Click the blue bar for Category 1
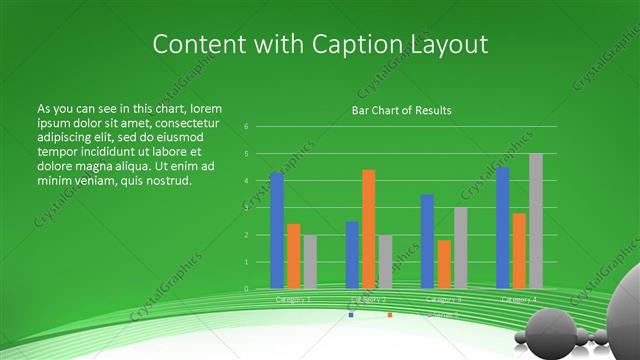pos(277,231)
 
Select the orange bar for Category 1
pos(293,256)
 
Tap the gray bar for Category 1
pos(309,262)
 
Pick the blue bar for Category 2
pos(352,255)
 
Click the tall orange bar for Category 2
pos(368,229)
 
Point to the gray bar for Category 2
pos(385,262)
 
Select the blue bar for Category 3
pos(427,241)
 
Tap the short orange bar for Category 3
pos(444,264)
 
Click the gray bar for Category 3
pos(460,248)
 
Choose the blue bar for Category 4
pos(503,228)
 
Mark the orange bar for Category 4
pos(519,251)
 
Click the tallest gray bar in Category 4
pos(536,221)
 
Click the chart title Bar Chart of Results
pos(401,110)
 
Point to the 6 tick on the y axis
pos(246,127)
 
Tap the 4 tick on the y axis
pos(246,181)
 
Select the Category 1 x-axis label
pos(293,299)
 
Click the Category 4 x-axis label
pos(519,299)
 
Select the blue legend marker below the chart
pos(351,315)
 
